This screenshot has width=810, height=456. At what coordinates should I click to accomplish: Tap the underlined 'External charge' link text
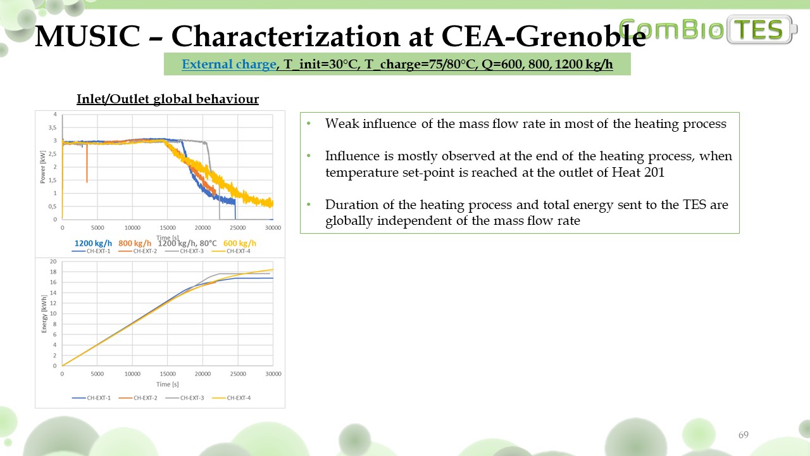(229, 64)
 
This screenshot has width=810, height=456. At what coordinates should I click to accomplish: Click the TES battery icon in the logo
(763, 30)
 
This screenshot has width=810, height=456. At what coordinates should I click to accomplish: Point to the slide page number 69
(744, 435)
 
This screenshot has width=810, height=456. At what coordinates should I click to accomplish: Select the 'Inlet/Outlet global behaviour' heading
(168, 99)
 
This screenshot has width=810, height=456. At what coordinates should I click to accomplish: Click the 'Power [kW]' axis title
(43, 167)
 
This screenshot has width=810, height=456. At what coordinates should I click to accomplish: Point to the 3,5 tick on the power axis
(53, 127)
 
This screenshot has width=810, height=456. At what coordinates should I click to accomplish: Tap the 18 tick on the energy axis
(53, 272)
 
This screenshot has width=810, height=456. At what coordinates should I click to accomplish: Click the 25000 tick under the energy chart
(238, 374)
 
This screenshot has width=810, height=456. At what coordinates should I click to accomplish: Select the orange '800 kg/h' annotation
(135, 243)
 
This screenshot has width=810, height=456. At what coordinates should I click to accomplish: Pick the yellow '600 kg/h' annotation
(240, 243)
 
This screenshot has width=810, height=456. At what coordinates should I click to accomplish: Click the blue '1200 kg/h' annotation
(94, 243)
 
